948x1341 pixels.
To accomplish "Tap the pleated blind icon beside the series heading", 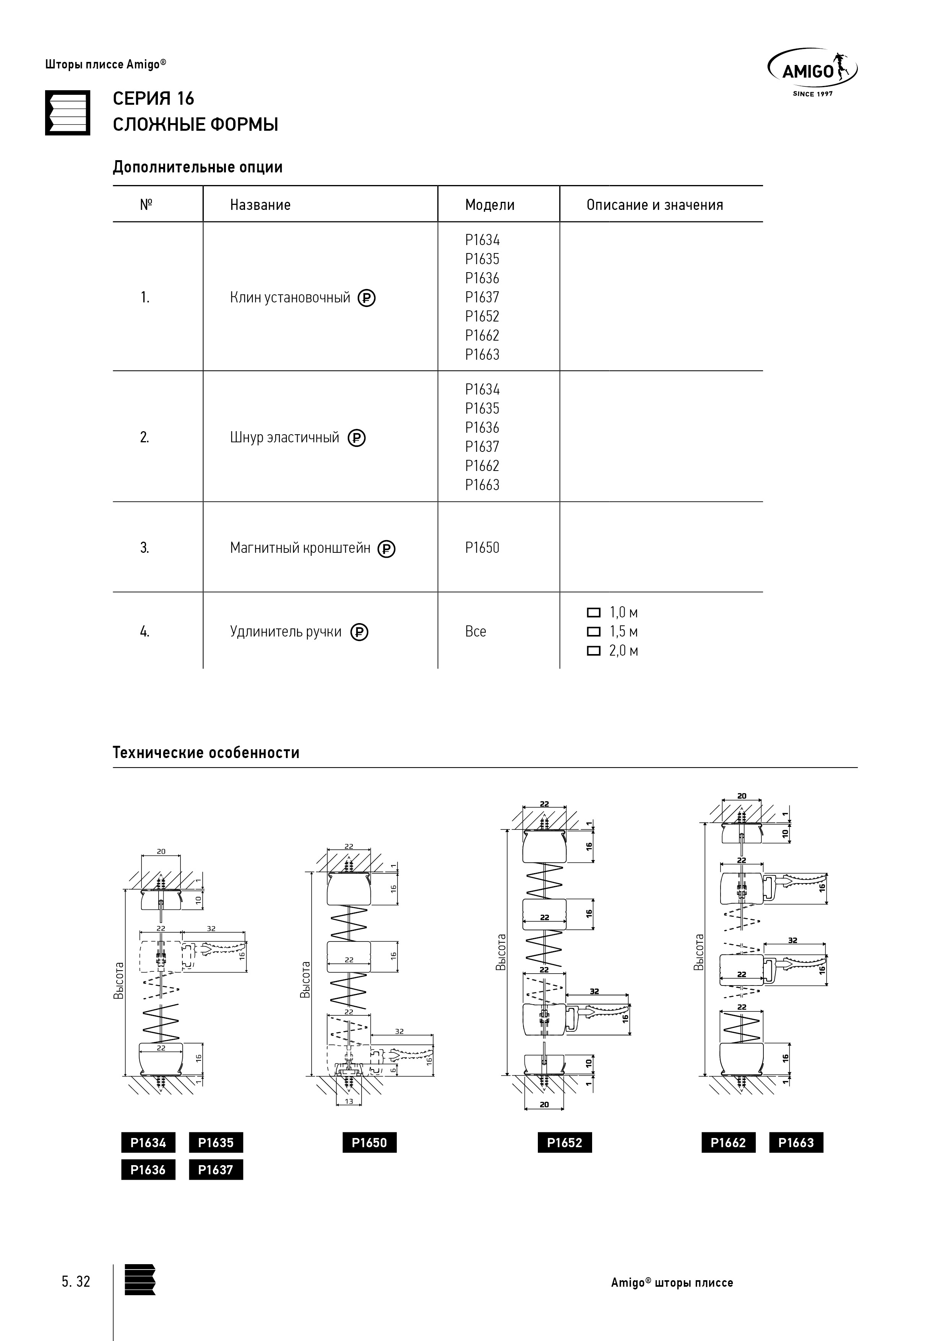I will point(68,113).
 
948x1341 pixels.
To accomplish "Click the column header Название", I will point(260,205).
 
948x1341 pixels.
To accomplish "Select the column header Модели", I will point(489,205).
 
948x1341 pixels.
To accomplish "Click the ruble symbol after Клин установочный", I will point(366,299).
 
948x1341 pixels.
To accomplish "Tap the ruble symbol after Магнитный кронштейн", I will point(386,549).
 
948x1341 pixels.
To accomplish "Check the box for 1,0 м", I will point(593,613).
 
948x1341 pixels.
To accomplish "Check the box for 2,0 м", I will point(593,651).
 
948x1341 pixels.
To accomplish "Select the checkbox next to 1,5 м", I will point(593,632).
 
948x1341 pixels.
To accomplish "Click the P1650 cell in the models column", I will point(482,548).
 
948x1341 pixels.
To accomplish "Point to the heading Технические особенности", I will point(206,753).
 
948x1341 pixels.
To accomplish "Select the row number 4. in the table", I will point(144,632).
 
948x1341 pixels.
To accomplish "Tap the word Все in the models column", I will point(476,632).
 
